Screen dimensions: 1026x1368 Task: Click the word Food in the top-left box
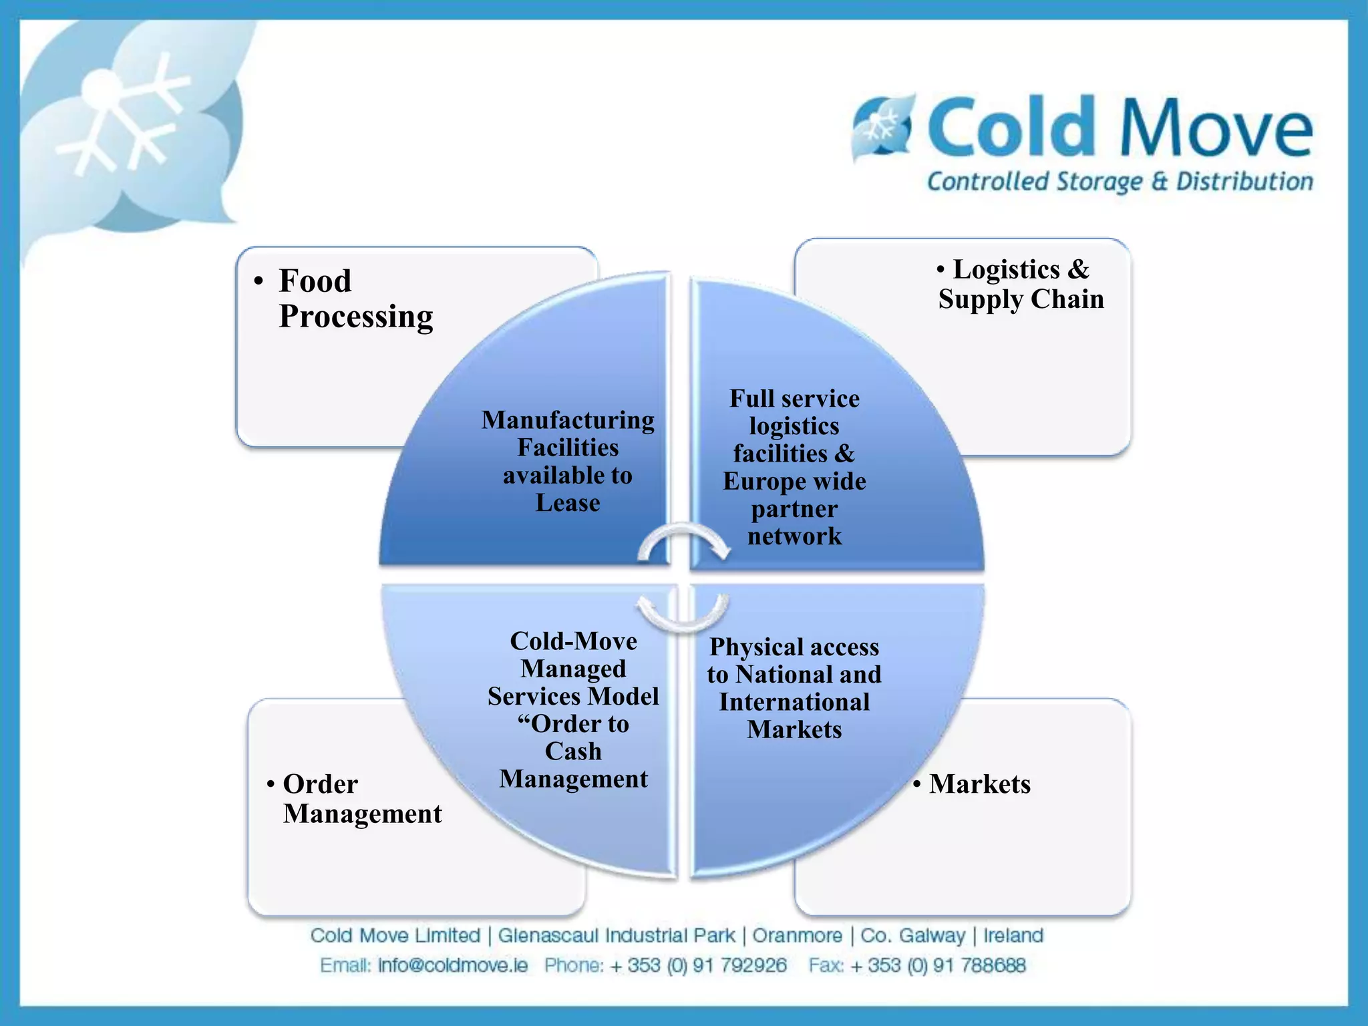[x=315, y=281]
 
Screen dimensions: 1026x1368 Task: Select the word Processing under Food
[x=355, y=317]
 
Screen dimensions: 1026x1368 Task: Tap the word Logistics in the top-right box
[x=1006, y=270]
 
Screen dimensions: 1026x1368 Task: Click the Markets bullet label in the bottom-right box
[x=979, y=784]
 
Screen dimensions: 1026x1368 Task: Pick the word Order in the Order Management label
[x=320, y=784]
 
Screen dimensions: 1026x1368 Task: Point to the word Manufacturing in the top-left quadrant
[x=568, y=420]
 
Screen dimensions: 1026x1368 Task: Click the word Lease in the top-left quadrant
[x=568, y=503]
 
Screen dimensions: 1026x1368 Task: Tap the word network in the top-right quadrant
[x=794, y=536]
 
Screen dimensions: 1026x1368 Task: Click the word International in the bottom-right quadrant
[x=794, y=702]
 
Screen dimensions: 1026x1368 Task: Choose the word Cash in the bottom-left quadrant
[x=573, y=751]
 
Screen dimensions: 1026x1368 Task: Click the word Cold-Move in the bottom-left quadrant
[x=573, y=641]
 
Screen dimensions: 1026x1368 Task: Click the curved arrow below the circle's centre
[x=683, y=615]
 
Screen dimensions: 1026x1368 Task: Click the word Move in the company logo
[x=1216, y=127]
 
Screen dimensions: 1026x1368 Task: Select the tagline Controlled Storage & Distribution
[x=1120, y=182]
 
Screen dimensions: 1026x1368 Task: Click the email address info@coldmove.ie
[x=452, y=965]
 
